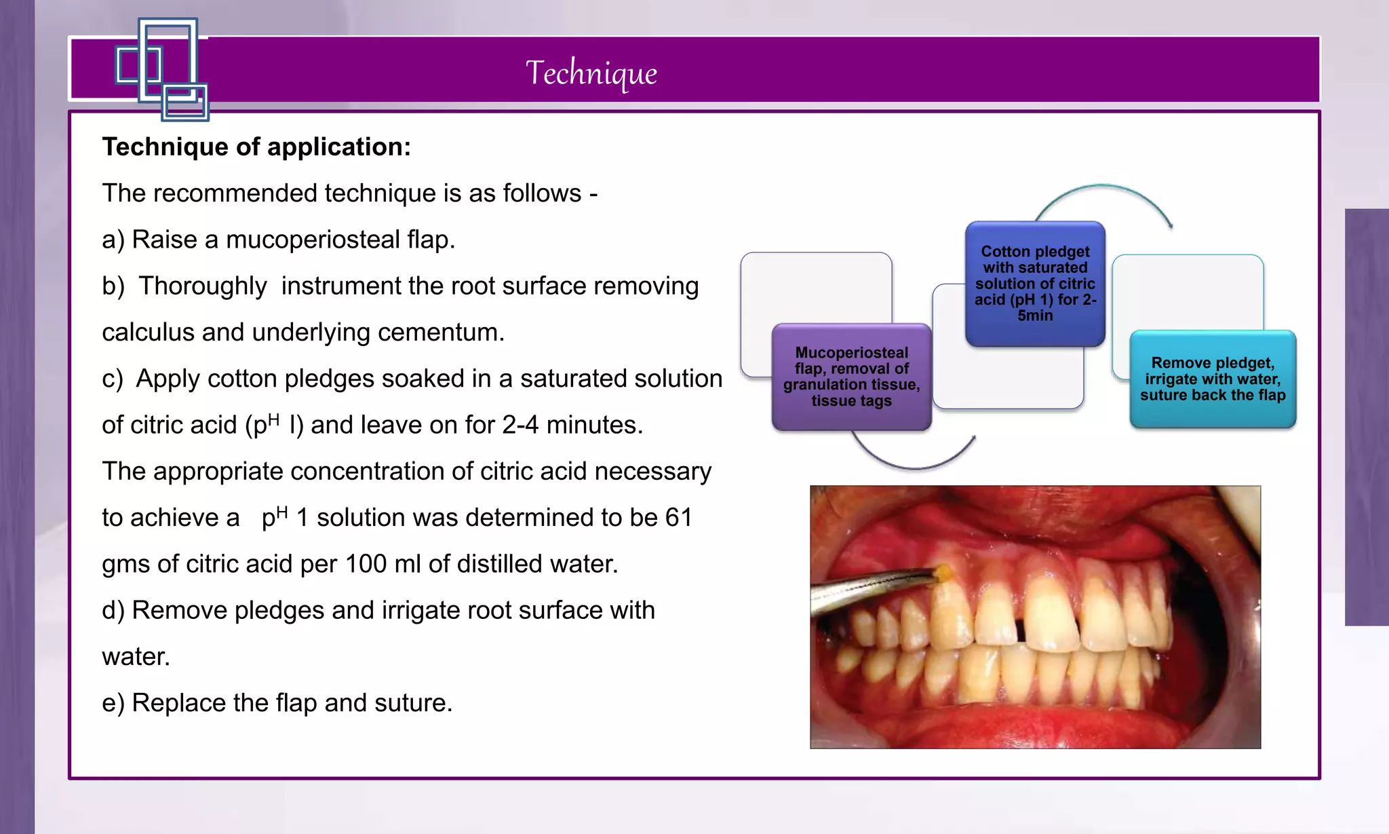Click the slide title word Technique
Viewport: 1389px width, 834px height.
pos(591,72)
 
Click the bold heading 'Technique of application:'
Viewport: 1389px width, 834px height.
pos(256,147)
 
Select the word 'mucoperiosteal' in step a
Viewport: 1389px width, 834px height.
pos(313,240)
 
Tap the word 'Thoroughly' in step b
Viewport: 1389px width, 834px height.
pos(202,286)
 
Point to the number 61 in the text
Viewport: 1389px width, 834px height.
pos(678,518)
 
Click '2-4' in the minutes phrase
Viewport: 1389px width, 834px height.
pos(520,425)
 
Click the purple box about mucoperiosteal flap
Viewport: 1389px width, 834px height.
pos(851,377)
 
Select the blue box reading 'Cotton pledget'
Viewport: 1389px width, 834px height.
pos(1035,284)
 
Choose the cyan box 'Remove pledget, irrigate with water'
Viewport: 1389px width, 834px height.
pos(1213,379)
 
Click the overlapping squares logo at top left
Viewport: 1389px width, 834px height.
pos(163,69)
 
